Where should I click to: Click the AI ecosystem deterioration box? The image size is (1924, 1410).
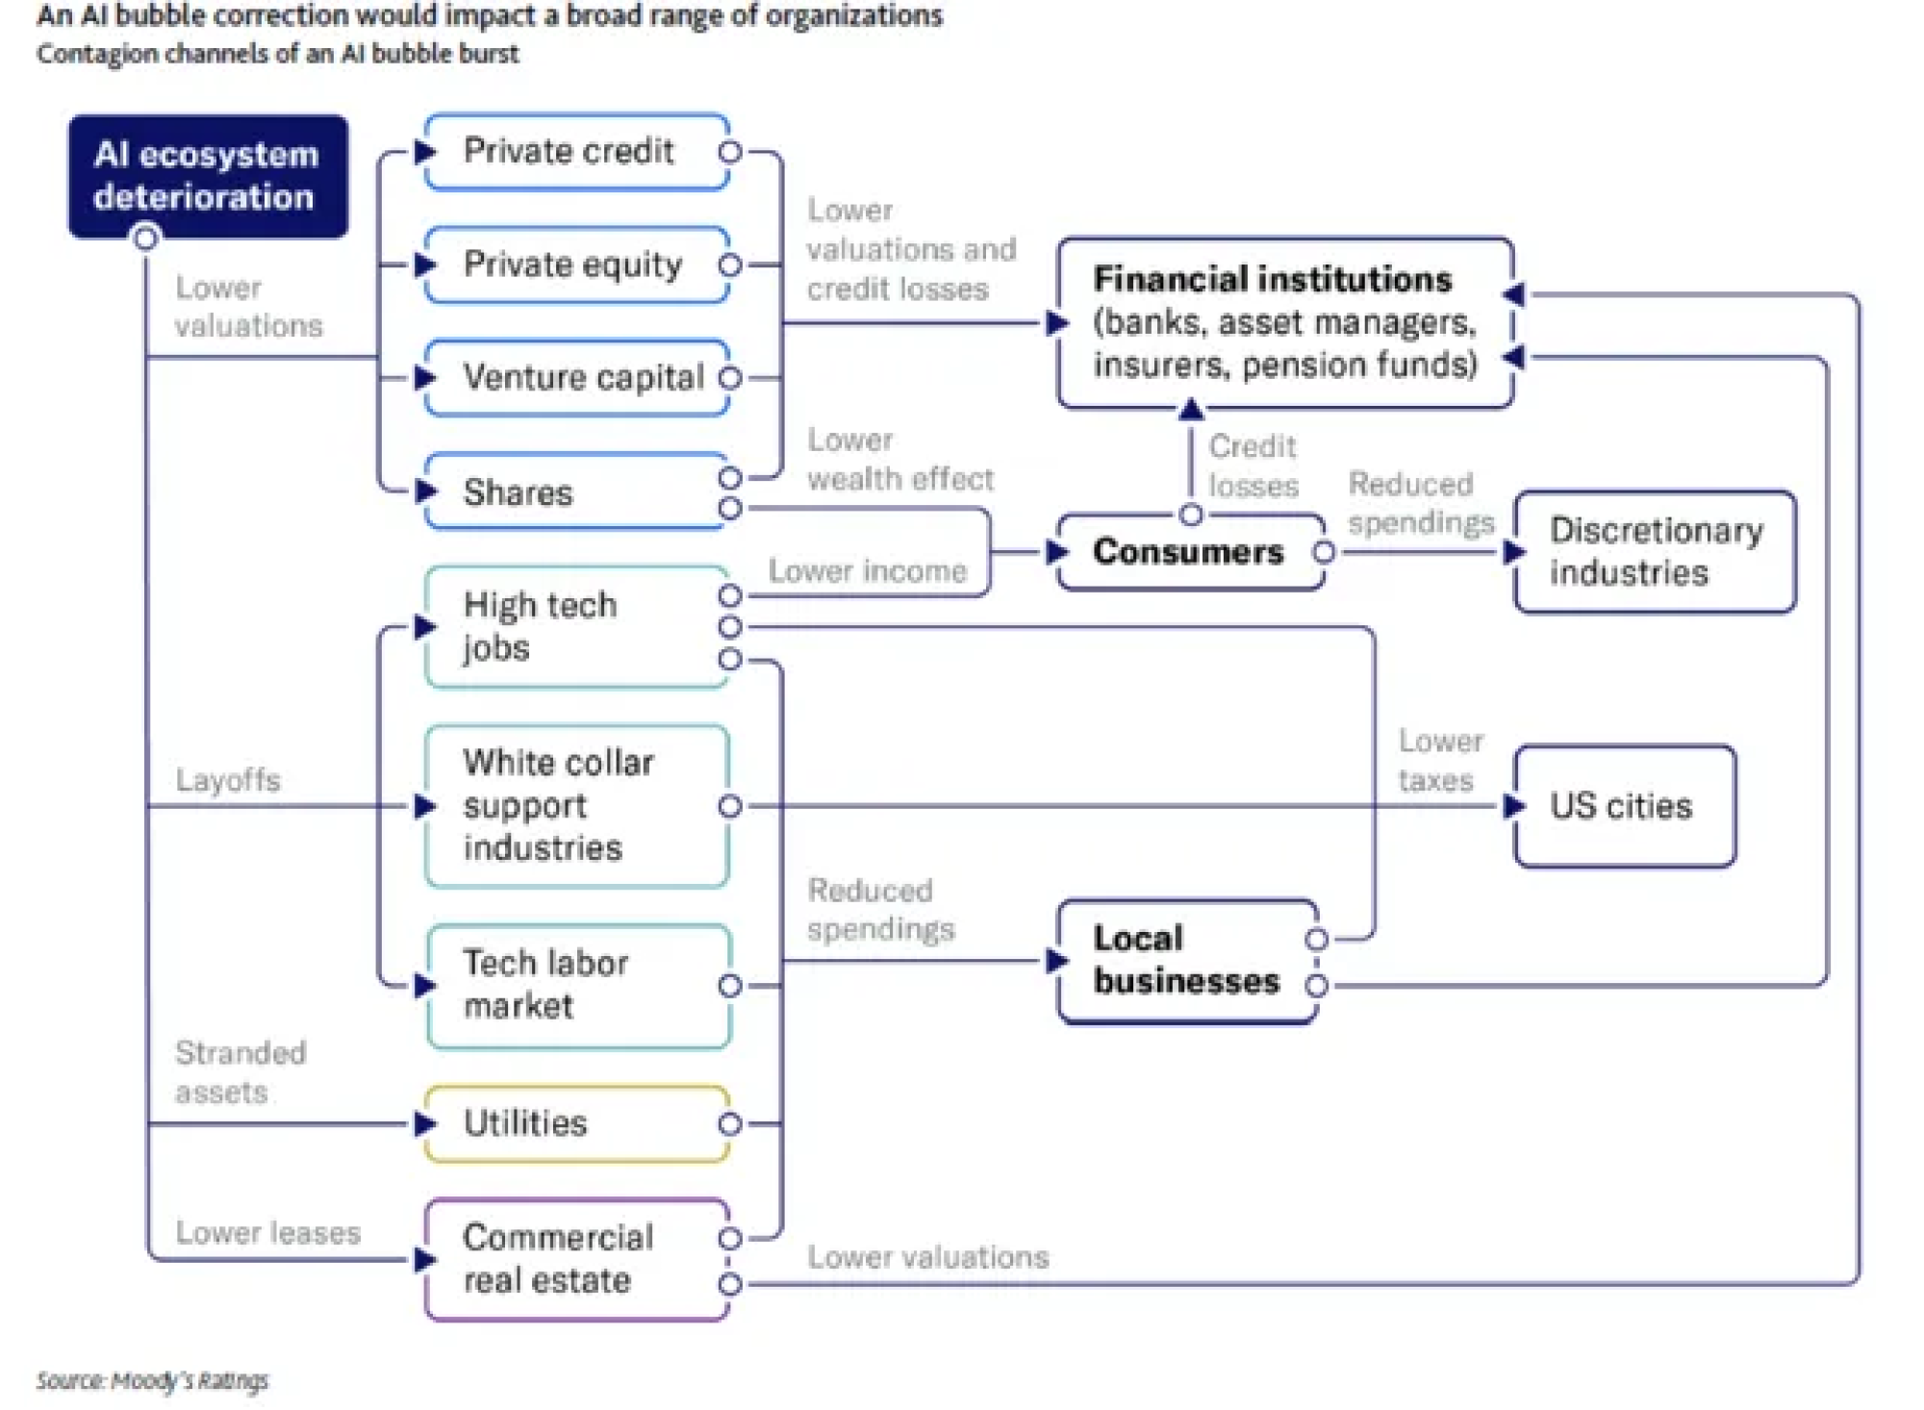tap(208, 176)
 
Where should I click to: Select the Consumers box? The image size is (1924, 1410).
tap(1190, 552)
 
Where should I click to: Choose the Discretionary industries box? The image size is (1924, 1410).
tap(1655, 552)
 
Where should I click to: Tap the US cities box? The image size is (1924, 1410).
tap(1625, 806)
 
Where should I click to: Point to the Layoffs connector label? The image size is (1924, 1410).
tap(228, 780)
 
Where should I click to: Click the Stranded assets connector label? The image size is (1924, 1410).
tap(240, 1072)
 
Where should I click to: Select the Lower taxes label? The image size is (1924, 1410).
tap(1440, 761)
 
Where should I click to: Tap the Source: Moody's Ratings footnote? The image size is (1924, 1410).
tap(152, 1381)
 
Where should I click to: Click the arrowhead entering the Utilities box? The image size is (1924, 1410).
tap(424, 1123)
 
